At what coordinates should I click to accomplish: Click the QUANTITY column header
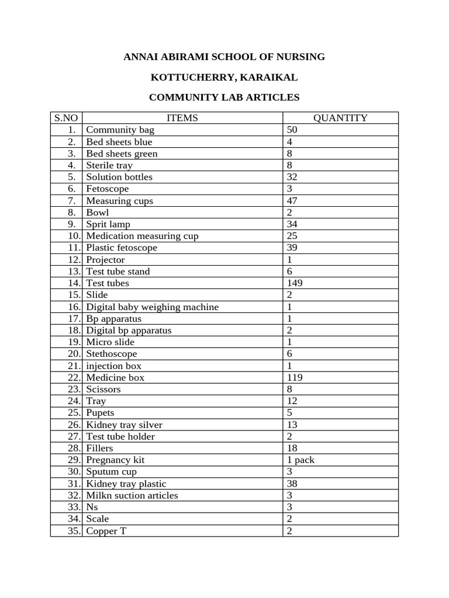pos(340,118)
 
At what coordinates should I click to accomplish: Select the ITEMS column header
pos(182,118)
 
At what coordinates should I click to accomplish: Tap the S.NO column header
pos(66,118)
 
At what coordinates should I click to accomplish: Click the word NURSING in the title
pos(298,57)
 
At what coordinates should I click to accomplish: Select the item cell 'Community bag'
pos(120,130)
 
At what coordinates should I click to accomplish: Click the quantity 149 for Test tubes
pos(295,283)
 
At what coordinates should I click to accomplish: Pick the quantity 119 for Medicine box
pos(295,377)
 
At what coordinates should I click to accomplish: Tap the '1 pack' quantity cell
pos(301,460)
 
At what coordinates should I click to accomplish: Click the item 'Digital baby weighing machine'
pos(152,307)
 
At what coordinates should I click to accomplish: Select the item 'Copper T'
pos(106,531)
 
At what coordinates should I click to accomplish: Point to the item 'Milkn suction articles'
pos(132,495)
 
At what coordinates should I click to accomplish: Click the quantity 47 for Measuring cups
pos(292,200)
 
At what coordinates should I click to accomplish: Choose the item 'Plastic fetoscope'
pos(121,248)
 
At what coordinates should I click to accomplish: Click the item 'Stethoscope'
pos(111,353)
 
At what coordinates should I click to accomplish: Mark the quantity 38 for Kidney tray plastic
pos(292,484)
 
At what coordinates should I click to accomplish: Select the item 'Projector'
pos(105,259)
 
